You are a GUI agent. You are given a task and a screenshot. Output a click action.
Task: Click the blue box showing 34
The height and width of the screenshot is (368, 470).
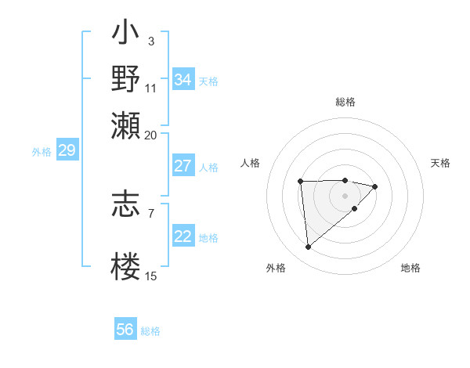pyautogui.click(x=183, y=80)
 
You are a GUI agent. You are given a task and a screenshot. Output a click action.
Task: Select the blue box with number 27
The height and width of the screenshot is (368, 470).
pyautogui.click(x=183, y=166)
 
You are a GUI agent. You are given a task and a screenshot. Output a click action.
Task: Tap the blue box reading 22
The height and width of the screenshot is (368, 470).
pyautogui.click(x=183, y=236)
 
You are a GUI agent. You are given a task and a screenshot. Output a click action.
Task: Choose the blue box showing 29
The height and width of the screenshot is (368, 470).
pyautogui.click(x=67, y=151)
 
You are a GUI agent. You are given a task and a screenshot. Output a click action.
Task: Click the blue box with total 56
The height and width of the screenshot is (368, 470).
pyautogui.click(x=125, y=330)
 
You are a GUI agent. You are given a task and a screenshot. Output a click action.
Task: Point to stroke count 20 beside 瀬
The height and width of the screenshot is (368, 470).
pyautogui.click(x=151, y=135)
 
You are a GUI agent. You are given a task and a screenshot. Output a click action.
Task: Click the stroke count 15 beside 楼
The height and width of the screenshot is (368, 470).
pyautogui.click(x=151, y=276)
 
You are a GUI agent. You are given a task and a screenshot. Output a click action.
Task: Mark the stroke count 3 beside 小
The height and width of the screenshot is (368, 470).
pyautogui.click(x=150, y=41)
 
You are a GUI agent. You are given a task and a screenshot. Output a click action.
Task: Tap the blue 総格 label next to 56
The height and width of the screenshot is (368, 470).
pyautogui.click(x=151, y=331)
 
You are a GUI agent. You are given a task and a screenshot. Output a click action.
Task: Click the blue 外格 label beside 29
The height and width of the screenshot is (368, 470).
pyautogui.click(x=42, y=152)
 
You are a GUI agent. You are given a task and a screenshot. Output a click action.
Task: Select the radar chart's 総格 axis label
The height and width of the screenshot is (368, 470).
pyautogui.click(x=345, y=102)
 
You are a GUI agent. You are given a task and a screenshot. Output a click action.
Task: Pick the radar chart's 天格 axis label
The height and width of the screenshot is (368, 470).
pyautogui.click(x=440, y=163)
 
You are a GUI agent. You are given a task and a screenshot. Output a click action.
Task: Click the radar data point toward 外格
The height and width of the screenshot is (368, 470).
pyautogui.click(x=309, y=247)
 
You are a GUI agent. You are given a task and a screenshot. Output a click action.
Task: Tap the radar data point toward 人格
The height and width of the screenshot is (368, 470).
pyautogui.click(x=301, y=182)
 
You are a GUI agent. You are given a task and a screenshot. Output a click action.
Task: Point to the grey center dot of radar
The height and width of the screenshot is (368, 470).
pyautogui.click(x=345, y=194)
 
